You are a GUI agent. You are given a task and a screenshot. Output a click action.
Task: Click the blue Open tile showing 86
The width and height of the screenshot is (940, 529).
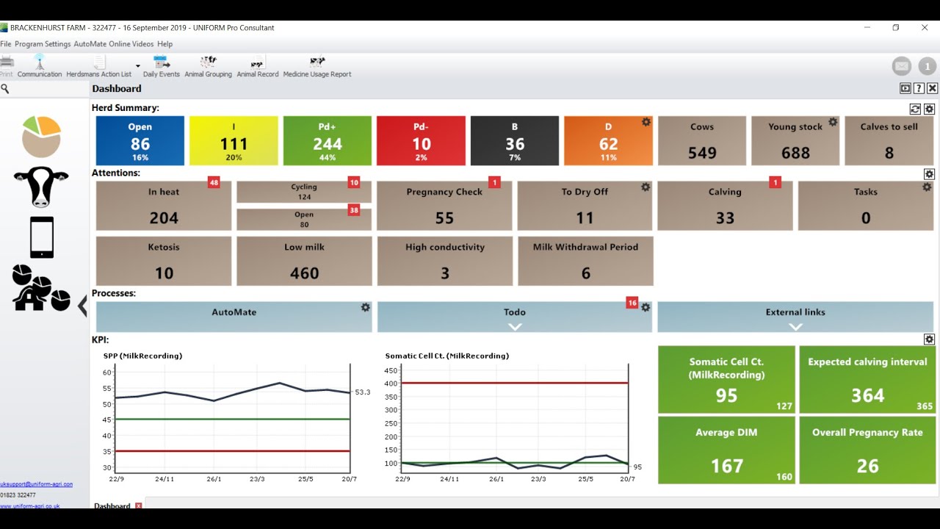(140, 140)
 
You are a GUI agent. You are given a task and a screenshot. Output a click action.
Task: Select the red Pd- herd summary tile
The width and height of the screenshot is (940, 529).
(421, 140)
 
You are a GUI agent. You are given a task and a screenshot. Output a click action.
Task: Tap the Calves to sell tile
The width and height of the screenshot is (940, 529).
(889, 140)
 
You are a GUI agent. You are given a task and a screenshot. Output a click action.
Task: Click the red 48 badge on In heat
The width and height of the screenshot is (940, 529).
(214, 182)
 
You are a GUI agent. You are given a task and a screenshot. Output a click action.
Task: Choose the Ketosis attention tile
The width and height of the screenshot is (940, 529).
(164, 261)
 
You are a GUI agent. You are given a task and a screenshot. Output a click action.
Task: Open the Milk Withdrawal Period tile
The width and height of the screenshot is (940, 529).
(585, 261)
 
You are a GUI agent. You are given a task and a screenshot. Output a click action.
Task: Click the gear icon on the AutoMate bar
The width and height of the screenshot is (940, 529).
(366, 307)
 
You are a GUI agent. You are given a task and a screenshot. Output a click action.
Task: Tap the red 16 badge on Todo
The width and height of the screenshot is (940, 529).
(632, 303)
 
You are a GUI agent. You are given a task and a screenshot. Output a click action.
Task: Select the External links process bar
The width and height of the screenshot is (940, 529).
(795, 317)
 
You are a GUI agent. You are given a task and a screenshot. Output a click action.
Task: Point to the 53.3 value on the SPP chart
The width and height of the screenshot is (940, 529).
(362, 392)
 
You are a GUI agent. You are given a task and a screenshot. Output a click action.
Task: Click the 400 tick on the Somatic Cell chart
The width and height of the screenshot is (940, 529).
(391, 383)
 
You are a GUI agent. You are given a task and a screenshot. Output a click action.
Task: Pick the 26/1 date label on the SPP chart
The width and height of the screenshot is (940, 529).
(214, 479)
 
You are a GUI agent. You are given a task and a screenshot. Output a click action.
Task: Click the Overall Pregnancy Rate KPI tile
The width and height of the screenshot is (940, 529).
(867, 449)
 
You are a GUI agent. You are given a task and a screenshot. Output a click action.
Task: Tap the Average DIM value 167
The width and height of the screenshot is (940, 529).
(726, 466)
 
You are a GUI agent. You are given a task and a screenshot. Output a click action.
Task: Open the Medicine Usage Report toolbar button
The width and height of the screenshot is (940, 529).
(317, 66)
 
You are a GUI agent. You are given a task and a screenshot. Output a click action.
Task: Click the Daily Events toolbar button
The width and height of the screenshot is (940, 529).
(161, 66)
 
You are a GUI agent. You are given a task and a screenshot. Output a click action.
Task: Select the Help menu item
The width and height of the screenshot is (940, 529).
(164, 44)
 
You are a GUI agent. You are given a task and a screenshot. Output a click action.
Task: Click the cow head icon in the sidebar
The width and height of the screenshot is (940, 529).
(41, 186)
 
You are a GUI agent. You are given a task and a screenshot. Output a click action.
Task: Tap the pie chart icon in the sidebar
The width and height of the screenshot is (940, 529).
(41, 136)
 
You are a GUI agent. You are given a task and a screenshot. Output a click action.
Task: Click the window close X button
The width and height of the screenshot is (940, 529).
(925, 28)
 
